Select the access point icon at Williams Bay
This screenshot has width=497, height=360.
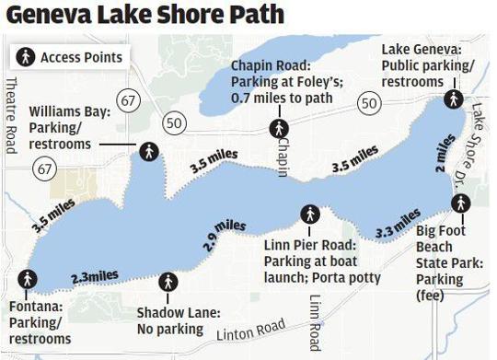coord(148,151)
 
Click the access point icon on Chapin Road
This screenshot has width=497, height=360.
coord(278,128)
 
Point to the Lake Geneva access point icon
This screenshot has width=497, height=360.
coord(453,99)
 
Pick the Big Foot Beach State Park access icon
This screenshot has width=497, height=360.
coord(460,203)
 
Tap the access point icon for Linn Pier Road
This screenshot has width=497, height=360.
coord(310,214)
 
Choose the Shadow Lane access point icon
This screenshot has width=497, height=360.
coord(168,282)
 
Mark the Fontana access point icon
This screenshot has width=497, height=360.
coord(29,279)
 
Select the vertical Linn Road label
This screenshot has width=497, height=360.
coord(316,323)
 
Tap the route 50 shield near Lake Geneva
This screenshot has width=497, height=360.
coord(369,104)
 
